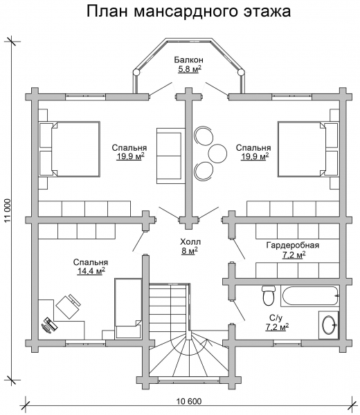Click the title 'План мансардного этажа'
(188, 12)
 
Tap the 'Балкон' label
(188, 59)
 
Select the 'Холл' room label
(190, 241)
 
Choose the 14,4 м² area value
(91, 271)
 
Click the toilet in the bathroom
(269, 295)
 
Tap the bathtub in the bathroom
(310, 296)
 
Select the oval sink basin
(330, 324)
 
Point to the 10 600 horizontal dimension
(188, 401)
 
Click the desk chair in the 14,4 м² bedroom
(68, 306)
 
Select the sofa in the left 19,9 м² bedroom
(170, 156)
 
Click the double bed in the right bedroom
(308, 149)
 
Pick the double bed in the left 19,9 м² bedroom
(70, 149)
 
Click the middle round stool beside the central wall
(217, 154)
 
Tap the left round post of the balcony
(136, 72)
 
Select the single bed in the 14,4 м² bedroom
(128, 308)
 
